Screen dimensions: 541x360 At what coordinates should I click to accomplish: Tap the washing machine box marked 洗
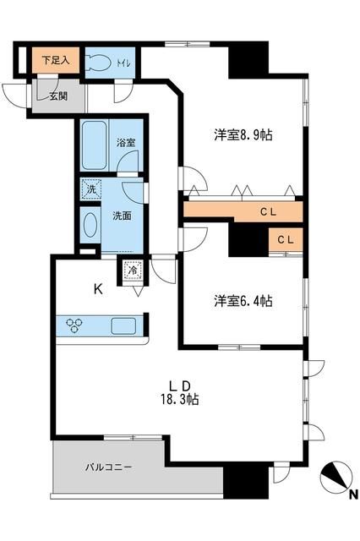click(x=90, y=189)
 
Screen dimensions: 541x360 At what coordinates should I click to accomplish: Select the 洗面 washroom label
click(x=122, y=215)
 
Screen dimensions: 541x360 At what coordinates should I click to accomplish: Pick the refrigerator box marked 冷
click(x=133, y=270)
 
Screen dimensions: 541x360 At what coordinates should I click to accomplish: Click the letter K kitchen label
click(x=98, y=290)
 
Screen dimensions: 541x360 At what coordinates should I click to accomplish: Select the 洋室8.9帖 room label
click(x=242, y=134)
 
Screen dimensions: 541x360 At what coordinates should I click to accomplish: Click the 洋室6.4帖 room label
click(x=243, y=300)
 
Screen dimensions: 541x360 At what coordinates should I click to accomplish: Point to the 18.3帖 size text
click(x=181, y=399)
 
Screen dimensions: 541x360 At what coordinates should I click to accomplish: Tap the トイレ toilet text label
click(x=123, y=62)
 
